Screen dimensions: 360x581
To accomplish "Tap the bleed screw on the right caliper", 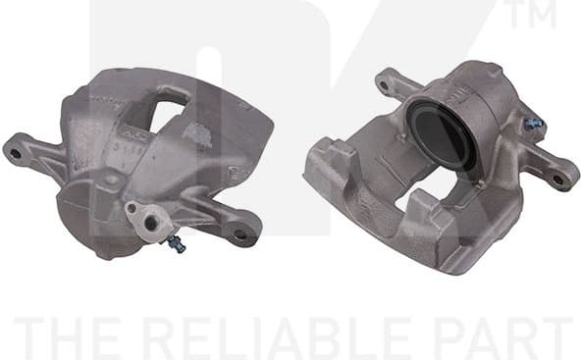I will pyautogui.click(x=534, y=124).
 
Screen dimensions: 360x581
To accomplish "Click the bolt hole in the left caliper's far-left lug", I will pyautogui.click(x=16, y=152).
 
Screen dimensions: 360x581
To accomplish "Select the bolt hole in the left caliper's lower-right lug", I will pyautogui.click(x=239, y=233).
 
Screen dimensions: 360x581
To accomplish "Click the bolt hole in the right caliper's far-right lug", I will pyautogui.click(x=558, y=180).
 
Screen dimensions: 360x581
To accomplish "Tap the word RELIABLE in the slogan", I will pyautogui.click(x=284, y=336).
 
